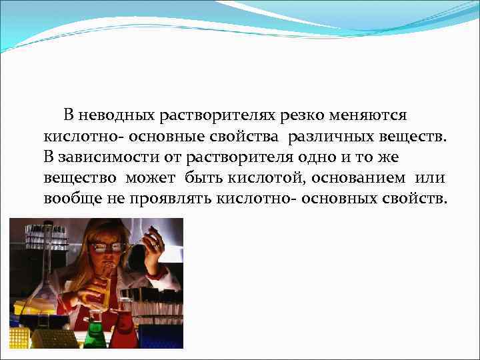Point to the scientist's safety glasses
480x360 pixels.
click(x=109, y=246)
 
